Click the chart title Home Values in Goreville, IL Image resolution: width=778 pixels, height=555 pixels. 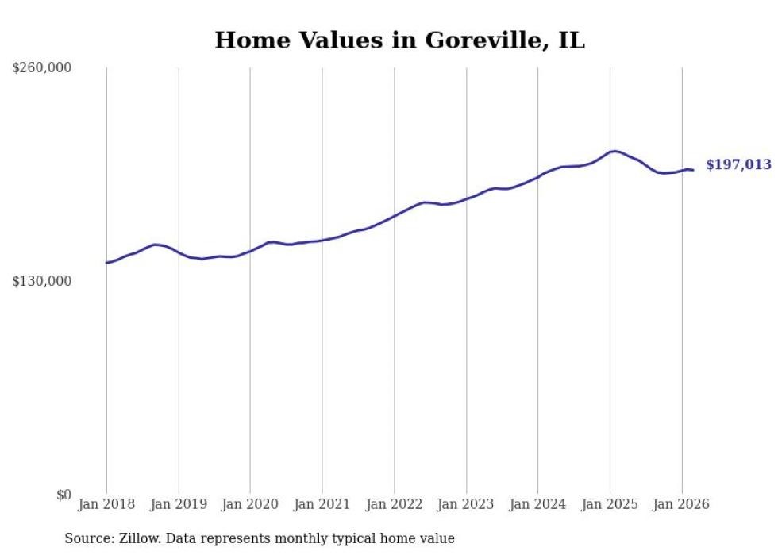[x=399, y=40]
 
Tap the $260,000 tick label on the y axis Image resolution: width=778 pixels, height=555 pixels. [x=42, y=68]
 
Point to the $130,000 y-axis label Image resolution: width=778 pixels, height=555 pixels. [x=42, y=281]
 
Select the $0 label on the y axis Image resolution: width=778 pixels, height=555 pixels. [x=64, y=495]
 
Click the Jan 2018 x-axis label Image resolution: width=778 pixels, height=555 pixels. [x=106, y=504]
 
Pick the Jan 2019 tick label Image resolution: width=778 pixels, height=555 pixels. [x=179, y=504]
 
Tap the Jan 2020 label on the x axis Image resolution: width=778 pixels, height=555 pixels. [x=250, y=504]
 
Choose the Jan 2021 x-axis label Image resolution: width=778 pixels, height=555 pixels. [x=322, y=504]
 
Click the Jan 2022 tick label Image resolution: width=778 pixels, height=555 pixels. [x=395, y=504]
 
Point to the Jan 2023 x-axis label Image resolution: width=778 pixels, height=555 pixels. [x=466, y=504]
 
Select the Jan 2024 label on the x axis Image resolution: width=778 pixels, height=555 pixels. [x=538, y=504]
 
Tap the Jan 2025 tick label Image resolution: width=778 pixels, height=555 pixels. [x=610, y=504]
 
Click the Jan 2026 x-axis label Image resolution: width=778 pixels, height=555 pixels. [x=682, y=504]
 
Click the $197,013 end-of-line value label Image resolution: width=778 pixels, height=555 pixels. [x=738, y=165]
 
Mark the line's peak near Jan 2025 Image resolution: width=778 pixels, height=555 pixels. [x=614, y=151]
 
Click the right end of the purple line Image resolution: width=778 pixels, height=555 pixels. [x=693, y=170]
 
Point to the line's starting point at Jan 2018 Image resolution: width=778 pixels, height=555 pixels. [x=106, y=263]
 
